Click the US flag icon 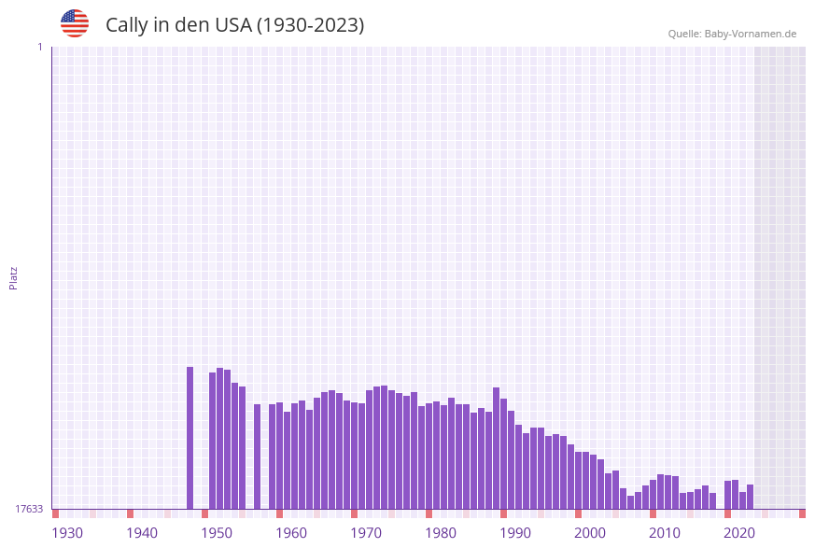click(75, 23)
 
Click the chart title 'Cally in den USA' click(234, 25)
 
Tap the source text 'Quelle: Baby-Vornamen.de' click(732, 34)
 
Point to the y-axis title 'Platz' click(14, 277)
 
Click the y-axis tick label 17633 click(29, 509)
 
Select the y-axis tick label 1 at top click(39, 47)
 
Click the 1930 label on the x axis click(67, 533)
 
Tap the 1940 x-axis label click(142, 533)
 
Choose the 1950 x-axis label click(217, 533)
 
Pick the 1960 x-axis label click(291, 533)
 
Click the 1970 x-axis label click(366, 533)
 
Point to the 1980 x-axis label click(441, 533)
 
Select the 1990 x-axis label click(515, 533)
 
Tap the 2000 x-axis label click(590, 533)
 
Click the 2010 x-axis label click(665, 533)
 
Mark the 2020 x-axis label click(739, 533)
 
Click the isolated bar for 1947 click(190, 438)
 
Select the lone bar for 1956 click(257, 457)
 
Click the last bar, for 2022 click(750, 497)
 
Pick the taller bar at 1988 click(496, 448)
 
